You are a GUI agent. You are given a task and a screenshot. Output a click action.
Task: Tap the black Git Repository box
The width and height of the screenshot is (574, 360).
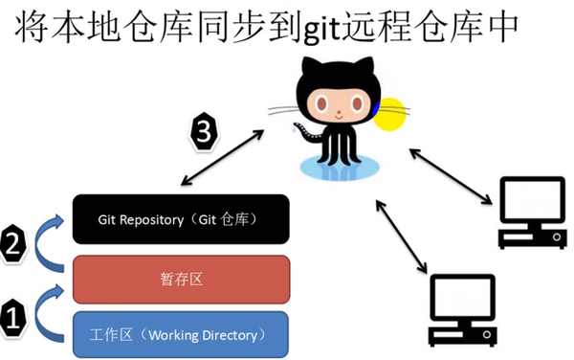[x=181, y=219]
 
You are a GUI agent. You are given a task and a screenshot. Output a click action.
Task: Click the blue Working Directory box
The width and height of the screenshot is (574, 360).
[x=181, y=334]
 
